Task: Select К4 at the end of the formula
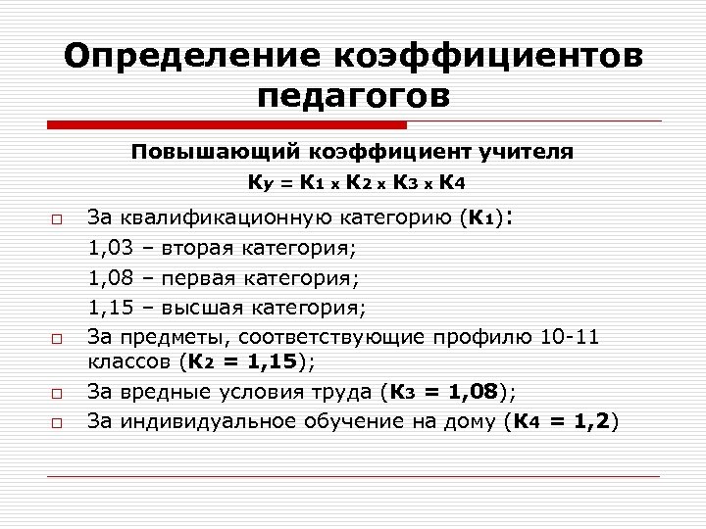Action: [452, 182]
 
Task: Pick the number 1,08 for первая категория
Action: [112, 277]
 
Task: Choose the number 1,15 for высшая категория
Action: [112, 308]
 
